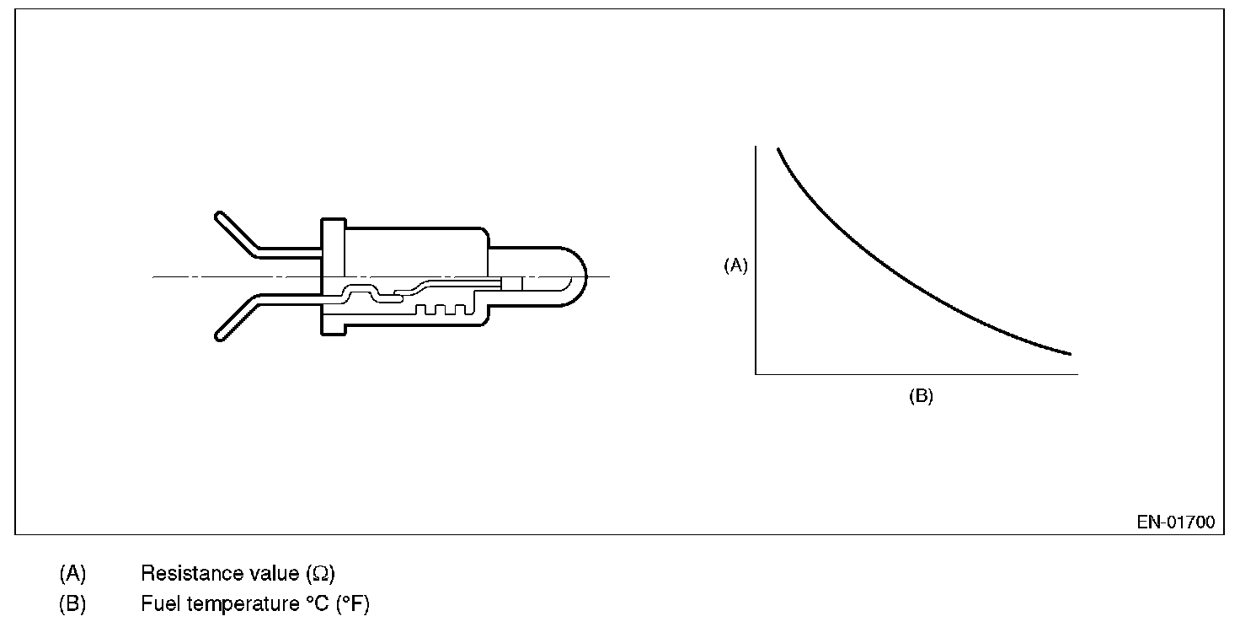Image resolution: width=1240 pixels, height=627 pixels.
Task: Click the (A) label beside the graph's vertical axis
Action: point(735,265)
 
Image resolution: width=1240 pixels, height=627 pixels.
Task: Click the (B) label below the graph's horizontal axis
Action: point(921,396)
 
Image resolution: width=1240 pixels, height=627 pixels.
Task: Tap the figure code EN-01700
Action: point(1176,522)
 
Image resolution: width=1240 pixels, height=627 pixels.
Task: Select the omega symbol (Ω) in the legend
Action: point(320,574)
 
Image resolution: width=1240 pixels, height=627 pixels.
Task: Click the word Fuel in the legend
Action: point(160,603)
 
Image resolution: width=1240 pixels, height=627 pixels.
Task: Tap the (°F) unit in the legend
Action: point(353,604)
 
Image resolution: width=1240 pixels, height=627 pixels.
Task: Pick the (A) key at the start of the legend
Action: point(72,574)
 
